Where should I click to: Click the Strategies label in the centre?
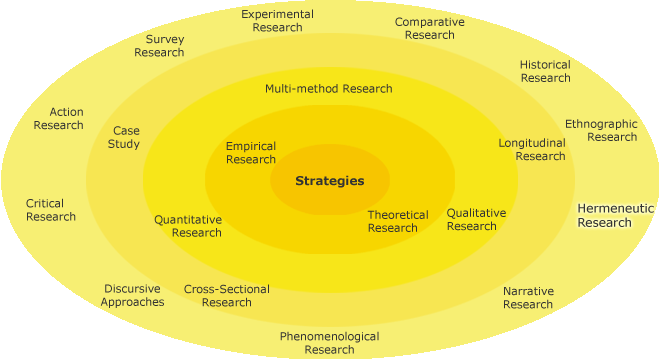[x=329, y=181]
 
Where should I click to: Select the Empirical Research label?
[x=251, y=153]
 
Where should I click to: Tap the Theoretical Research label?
[x=398, y=221]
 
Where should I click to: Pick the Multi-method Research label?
[x=329, y=89]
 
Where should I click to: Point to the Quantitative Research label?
[x=188, y=226]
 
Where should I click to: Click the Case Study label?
[x=125, y=137]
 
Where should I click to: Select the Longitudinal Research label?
[x=532, y=149]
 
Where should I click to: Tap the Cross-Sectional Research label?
[x=227, y=296]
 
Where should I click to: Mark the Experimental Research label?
[x=277, y=21]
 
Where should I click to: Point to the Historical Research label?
[x=545, y=71]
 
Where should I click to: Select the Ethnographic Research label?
[x=601, y=130]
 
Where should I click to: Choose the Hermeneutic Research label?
[x=615, y=215]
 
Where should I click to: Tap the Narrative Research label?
[x=528, y=297]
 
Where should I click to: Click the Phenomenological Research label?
[x=329, y=343]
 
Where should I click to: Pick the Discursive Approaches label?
[x=132, y=295]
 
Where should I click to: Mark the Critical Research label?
[x=51, y=210]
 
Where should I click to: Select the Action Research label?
[x=59, y=118]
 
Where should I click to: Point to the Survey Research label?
[x=159, y=46]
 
